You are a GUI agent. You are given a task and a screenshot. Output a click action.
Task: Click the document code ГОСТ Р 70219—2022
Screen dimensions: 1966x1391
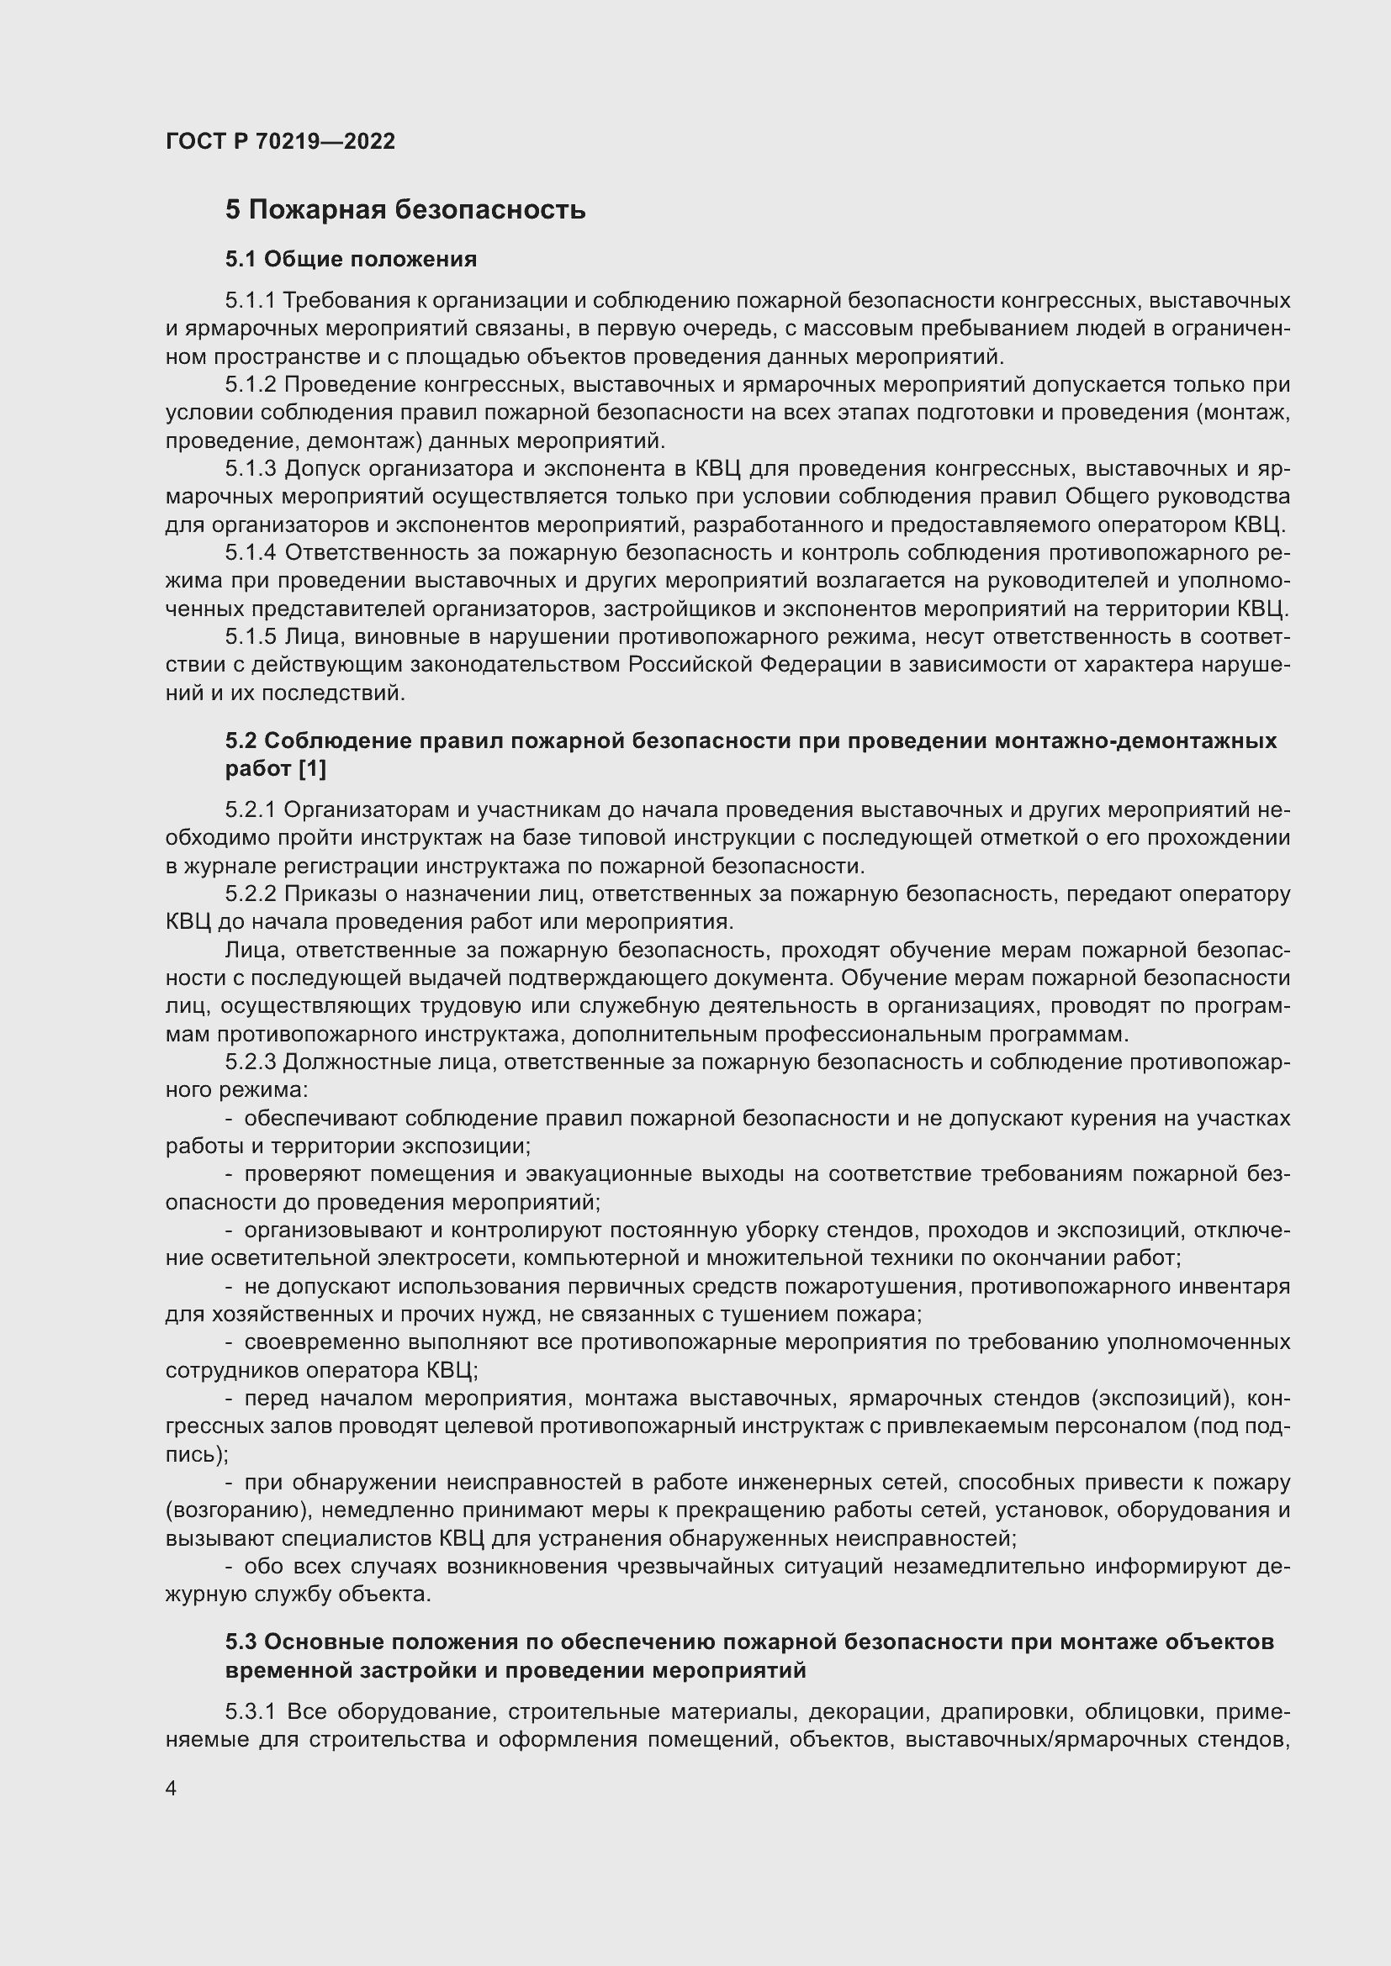(280, 141)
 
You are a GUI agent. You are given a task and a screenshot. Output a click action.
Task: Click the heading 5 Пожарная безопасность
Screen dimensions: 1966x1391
(405, 210)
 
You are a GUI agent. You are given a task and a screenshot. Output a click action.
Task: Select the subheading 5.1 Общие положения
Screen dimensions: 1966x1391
(351, 259)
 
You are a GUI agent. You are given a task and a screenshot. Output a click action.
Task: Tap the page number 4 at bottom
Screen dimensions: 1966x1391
(172, 1789)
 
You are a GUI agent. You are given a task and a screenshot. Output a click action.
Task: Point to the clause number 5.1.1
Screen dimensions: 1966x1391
(251, 301)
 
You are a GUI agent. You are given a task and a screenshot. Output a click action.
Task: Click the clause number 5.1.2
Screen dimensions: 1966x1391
(251, 384)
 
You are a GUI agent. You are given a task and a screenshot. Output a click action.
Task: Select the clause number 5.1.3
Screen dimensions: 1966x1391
(251, 468)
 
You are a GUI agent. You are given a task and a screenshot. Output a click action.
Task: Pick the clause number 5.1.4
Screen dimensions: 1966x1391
(251, 553)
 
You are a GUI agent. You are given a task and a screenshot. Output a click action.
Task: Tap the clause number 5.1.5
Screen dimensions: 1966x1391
(251, 637)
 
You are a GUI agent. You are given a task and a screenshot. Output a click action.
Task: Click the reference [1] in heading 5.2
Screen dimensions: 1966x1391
(312, 769)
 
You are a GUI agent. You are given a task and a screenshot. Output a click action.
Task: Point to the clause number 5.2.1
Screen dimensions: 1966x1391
(251, 810)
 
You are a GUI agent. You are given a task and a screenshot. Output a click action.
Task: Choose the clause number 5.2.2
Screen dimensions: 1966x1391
(251, 894)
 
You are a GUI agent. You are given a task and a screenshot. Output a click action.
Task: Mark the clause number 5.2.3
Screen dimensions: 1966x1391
(251, 1062)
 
